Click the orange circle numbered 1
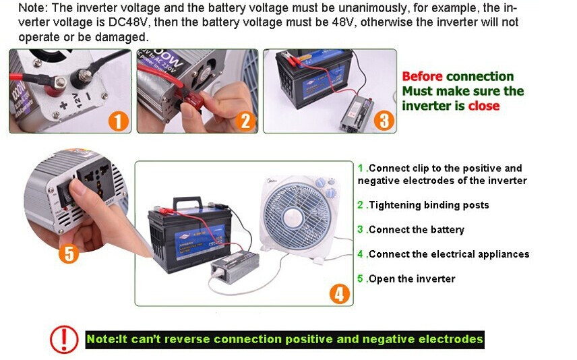point(118,121)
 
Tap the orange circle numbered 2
point(245,121)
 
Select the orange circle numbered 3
point(384,121)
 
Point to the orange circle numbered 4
point(339,294)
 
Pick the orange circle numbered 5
point(69,253)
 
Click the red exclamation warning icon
point(64,339)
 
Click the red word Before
point(422,76)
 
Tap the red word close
point(483,106)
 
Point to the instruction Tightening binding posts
point(429,205)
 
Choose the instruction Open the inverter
point(412,278)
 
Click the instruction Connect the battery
point(417,230)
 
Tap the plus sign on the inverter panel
point(63,105)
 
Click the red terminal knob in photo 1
point(55,89)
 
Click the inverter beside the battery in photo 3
point(356,113)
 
